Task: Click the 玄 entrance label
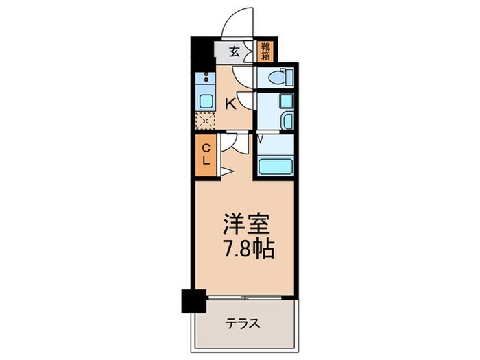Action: point(233,50)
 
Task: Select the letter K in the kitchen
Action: point(231,104)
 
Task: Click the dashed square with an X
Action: point(204,121)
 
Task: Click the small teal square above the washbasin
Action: point(287,101)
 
